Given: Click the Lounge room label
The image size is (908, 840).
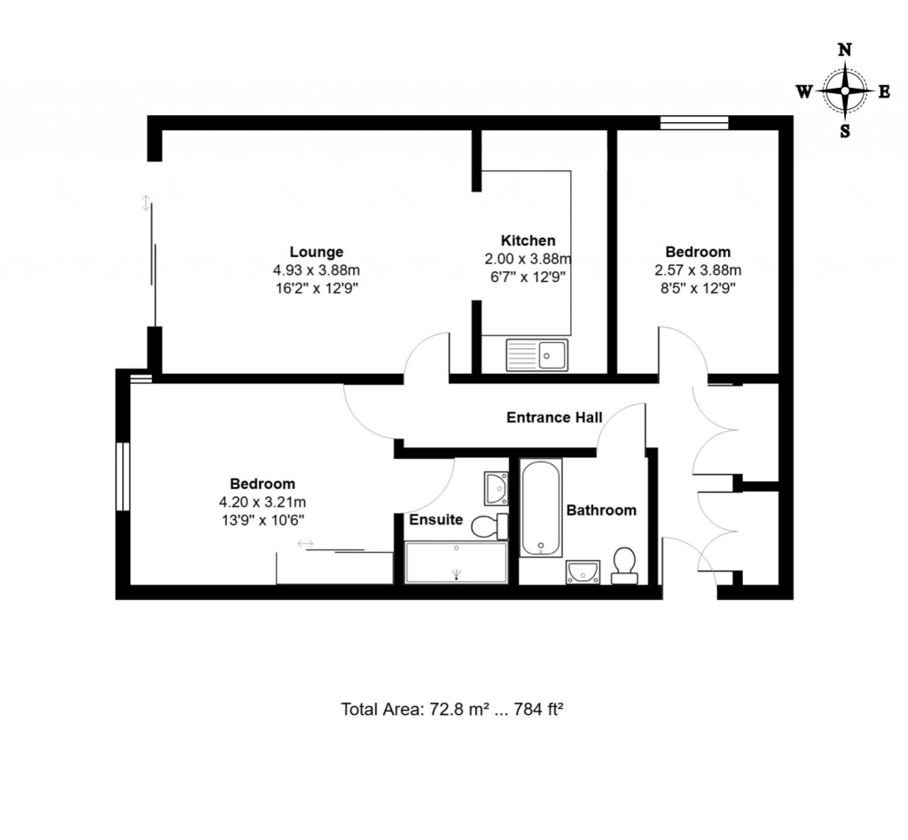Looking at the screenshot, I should (x=316, y=252).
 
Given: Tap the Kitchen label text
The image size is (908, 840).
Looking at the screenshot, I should (x=528, y=240).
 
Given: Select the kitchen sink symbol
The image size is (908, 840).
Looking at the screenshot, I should (x=538, y=355).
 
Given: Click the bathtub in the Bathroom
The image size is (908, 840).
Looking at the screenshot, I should (x=540, y=508).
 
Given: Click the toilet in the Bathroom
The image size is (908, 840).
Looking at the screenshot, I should (x=624, y=565).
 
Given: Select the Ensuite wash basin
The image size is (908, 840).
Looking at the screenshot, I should (x=497, y=487).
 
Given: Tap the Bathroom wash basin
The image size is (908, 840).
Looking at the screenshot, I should (x=583, y=572).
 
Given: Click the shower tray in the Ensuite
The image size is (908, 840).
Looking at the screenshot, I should (x=457, y=563).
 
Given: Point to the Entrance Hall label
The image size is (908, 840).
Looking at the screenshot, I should (x=554, y=417).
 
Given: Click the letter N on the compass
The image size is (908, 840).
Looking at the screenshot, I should (x=845, y=50).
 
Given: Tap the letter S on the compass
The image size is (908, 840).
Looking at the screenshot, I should (x=845, y=131).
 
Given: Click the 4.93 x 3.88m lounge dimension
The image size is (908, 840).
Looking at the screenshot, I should (x=316, y=270).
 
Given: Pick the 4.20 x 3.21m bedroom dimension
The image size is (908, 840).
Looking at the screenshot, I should (x=262, y=502).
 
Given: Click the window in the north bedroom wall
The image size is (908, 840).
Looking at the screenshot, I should (x=693, y=123).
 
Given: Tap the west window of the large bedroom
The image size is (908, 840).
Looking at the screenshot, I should (x=123, y=476).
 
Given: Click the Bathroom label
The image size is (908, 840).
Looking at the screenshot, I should (x=601, y=510).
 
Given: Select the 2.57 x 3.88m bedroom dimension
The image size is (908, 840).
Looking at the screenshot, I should (x=697, y=270).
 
